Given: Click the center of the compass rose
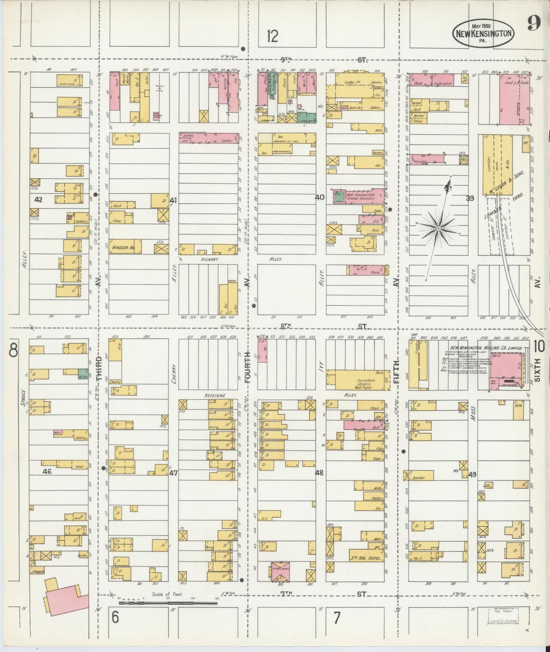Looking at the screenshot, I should click(x=438, y=227).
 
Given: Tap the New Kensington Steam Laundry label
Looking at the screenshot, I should click(x=360, y=197).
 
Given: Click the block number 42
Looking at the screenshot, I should click(x=38, y=200).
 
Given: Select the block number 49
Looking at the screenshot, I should click(x=472, y=474).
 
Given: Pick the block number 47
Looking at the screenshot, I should click(x=174, y=473).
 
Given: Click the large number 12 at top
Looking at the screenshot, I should click(x=272, y=37).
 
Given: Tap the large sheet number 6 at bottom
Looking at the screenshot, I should click(x=115, y=617).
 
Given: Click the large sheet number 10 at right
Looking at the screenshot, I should click(x=539, y=347).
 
